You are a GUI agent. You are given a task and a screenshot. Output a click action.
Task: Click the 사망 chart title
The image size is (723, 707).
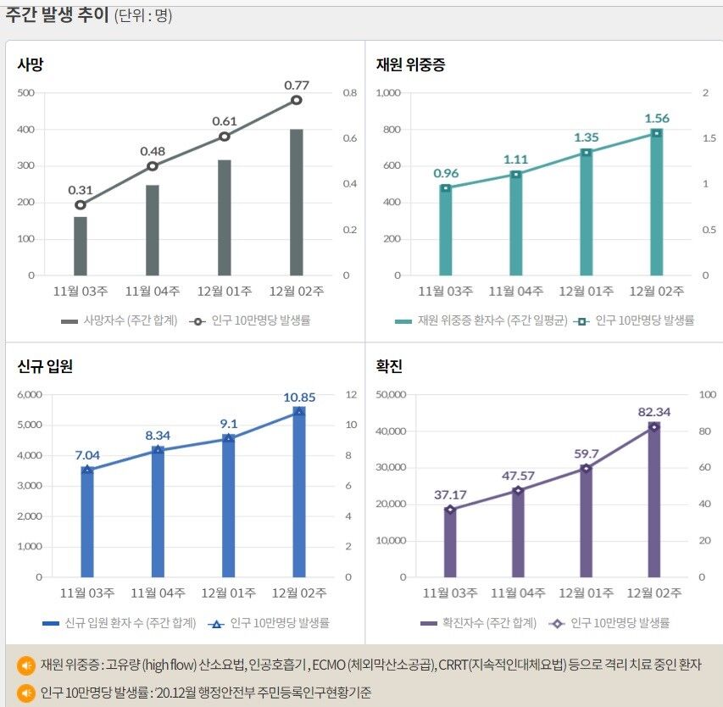(x=31, y=64)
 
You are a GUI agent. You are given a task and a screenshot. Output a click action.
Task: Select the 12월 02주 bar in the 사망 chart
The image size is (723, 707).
(x=297, y=203)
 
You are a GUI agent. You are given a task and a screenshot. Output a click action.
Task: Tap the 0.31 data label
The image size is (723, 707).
(x=81, y=189)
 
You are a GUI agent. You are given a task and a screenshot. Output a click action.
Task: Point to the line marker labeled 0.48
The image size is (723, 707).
(x=153, y=166)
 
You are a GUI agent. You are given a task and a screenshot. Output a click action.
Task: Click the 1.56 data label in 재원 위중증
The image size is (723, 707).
(x=657, y=118)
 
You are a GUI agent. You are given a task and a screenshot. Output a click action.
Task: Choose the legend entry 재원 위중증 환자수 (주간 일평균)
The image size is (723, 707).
(x=482, y=320)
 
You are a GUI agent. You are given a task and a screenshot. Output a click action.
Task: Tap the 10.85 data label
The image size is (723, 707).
(x=298, y=397)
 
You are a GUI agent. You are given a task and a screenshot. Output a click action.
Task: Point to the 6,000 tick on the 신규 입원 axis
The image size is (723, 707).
(x=29, y=395)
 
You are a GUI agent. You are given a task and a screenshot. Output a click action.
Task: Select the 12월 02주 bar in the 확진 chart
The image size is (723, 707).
(x=653, y=500)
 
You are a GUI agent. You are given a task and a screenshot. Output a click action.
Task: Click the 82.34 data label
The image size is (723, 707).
(x=654, y=412)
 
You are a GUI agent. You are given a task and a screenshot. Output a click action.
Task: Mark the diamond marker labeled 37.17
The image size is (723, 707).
(x=450, y=509)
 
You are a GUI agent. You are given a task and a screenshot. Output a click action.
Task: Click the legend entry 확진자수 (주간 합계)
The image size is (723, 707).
(x=479, y=623)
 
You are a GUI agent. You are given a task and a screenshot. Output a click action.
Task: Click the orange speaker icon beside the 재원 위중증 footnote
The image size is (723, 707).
(x=26, y=664)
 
